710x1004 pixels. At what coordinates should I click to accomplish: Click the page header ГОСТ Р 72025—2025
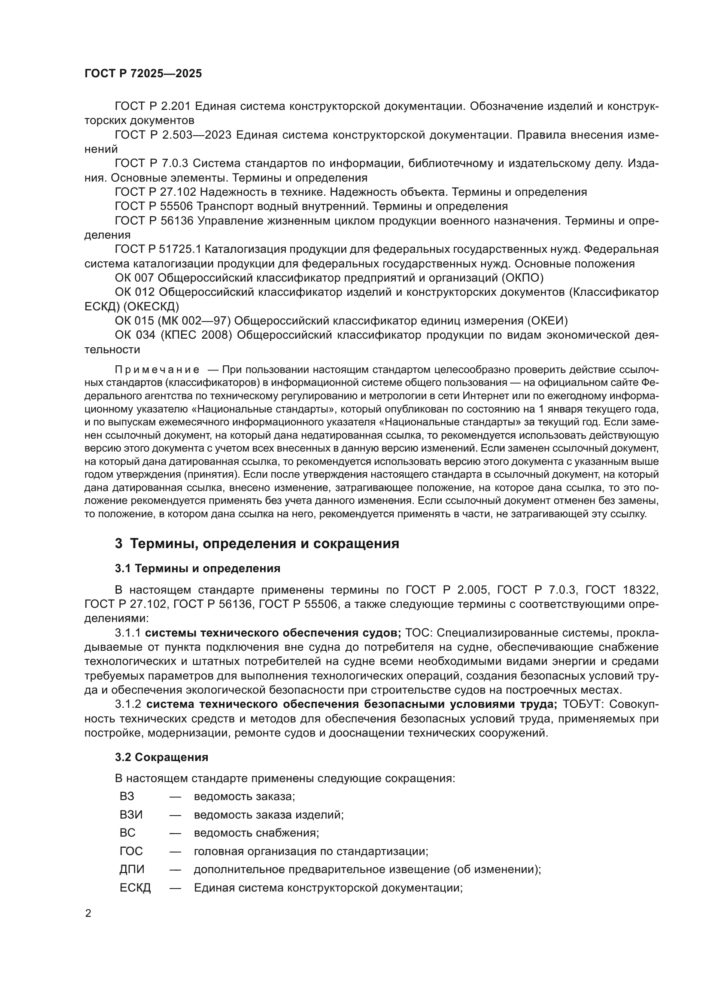click(143, 73)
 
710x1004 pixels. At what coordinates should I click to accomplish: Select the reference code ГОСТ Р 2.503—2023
click(173, 135)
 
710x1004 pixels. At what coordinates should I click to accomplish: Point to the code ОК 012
click(135, 292)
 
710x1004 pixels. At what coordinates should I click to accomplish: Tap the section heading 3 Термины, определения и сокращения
click(257, 544)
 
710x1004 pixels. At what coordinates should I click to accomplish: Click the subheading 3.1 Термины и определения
click(197, 568)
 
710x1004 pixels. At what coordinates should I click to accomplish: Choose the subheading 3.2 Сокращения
click(161, 757)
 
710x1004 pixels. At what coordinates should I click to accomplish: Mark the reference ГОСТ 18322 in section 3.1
click(621, 590)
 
